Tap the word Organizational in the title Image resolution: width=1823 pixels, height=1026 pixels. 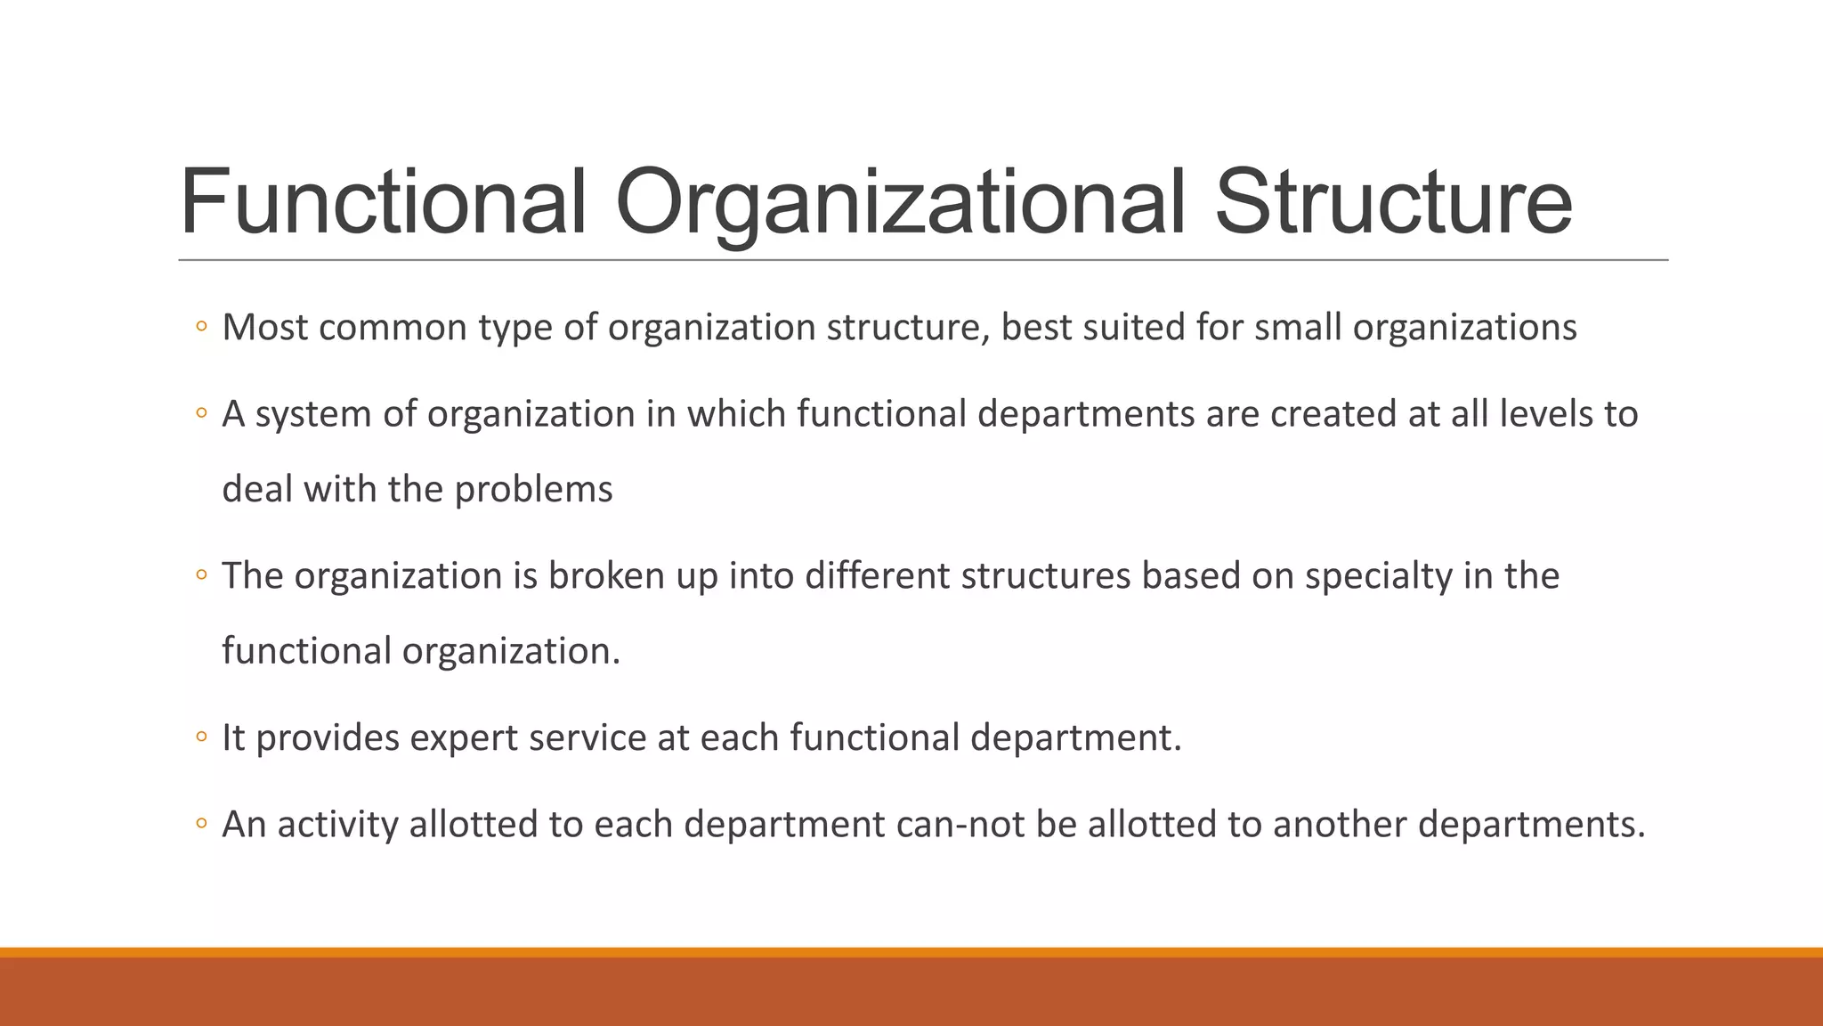point(899,203)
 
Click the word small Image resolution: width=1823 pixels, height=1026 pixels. point(1299,328)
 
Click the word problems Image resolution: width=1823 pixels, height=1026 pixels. point(533,490)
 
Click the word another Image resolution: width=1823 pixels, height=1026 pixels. point(1340,825)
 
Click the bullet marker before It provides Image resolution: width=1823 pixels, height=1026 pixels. point(201,738)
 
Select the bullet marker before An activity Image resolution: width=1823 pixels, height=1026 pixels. point(201,825)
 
